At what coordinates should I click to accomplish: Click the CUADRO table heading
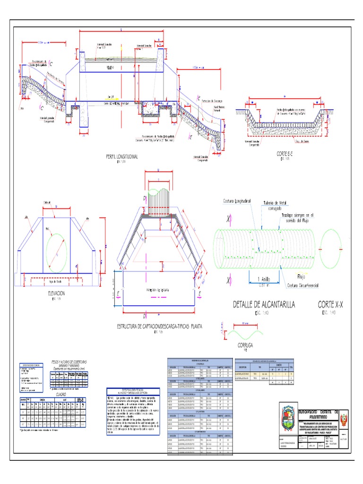pyautogui.click(x=61, y=393)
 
